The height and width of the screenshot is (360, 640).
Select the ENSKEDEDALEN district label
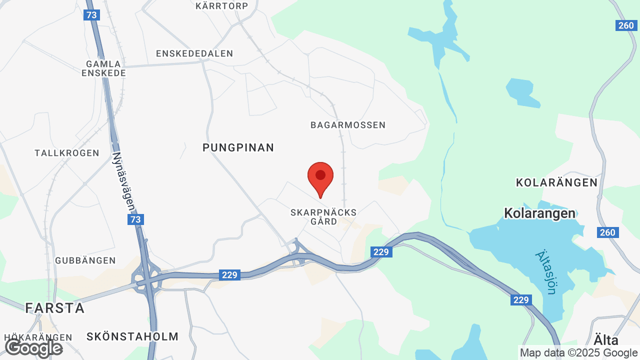pos(194,53)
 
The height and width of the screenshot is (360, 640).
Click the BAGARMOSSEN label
pos(348,125)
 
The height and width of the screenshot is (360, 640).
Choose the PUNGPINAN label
pos(238,147)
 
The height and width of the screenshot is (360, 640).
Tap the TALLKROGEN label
pos(67,153)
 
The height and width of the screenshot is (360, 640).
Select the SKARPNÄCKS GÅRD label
pos(323,216)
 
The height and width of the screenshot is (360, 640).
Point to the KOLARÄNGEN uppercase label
pos(556,182)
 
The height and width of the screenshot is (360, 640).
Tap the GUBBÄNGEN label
pos(85,260)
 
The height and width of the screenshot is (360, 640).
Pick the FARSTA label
pos(55,308)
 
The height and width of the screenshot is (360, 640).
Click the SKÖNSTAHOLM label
pos(132,336)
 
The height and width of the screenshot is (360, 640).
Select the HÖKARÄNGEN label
pos(38,337)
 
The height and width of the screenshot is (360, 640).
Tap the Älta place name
pos(606,340)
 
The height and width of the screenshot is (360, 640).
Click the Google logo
pos(33,348)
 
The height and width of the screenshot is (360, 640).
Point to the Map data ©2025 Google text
pos(578,353)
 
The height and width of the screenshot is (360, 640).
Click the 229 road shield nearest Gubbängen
pos(229,274)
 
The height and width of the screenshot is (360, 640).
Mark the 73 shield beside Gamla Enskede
pos(91,15)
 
